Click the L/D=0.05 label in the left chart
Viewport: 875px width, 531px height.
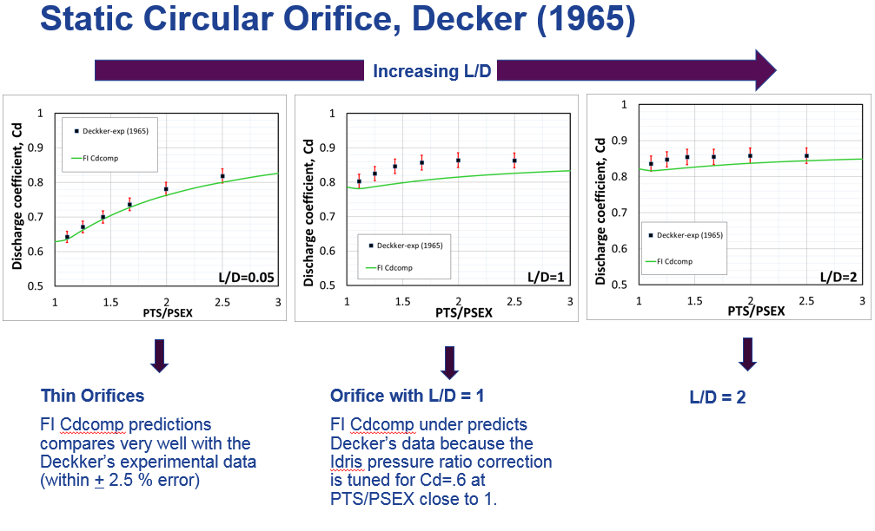249,277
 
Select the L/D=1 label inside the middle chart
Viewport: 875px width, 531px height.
546,278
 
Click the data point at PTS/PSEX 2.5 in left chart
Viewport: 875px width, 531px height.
222,176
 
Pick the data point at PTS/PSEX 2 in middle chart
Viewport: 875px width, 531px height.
458,161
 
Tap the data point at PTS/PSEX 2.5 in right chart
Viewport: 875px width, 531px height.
806,156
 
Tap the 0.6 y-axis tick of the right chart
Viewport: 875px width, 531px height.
620,248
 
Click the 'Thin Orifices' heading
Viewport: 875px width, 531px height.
92,396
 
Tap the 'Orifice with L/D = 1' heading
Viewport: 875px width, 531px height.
407,396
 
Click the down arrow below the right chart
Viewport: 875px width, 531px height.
748,353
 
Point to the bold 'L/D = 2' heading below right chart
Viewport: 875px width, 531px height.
718,397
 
